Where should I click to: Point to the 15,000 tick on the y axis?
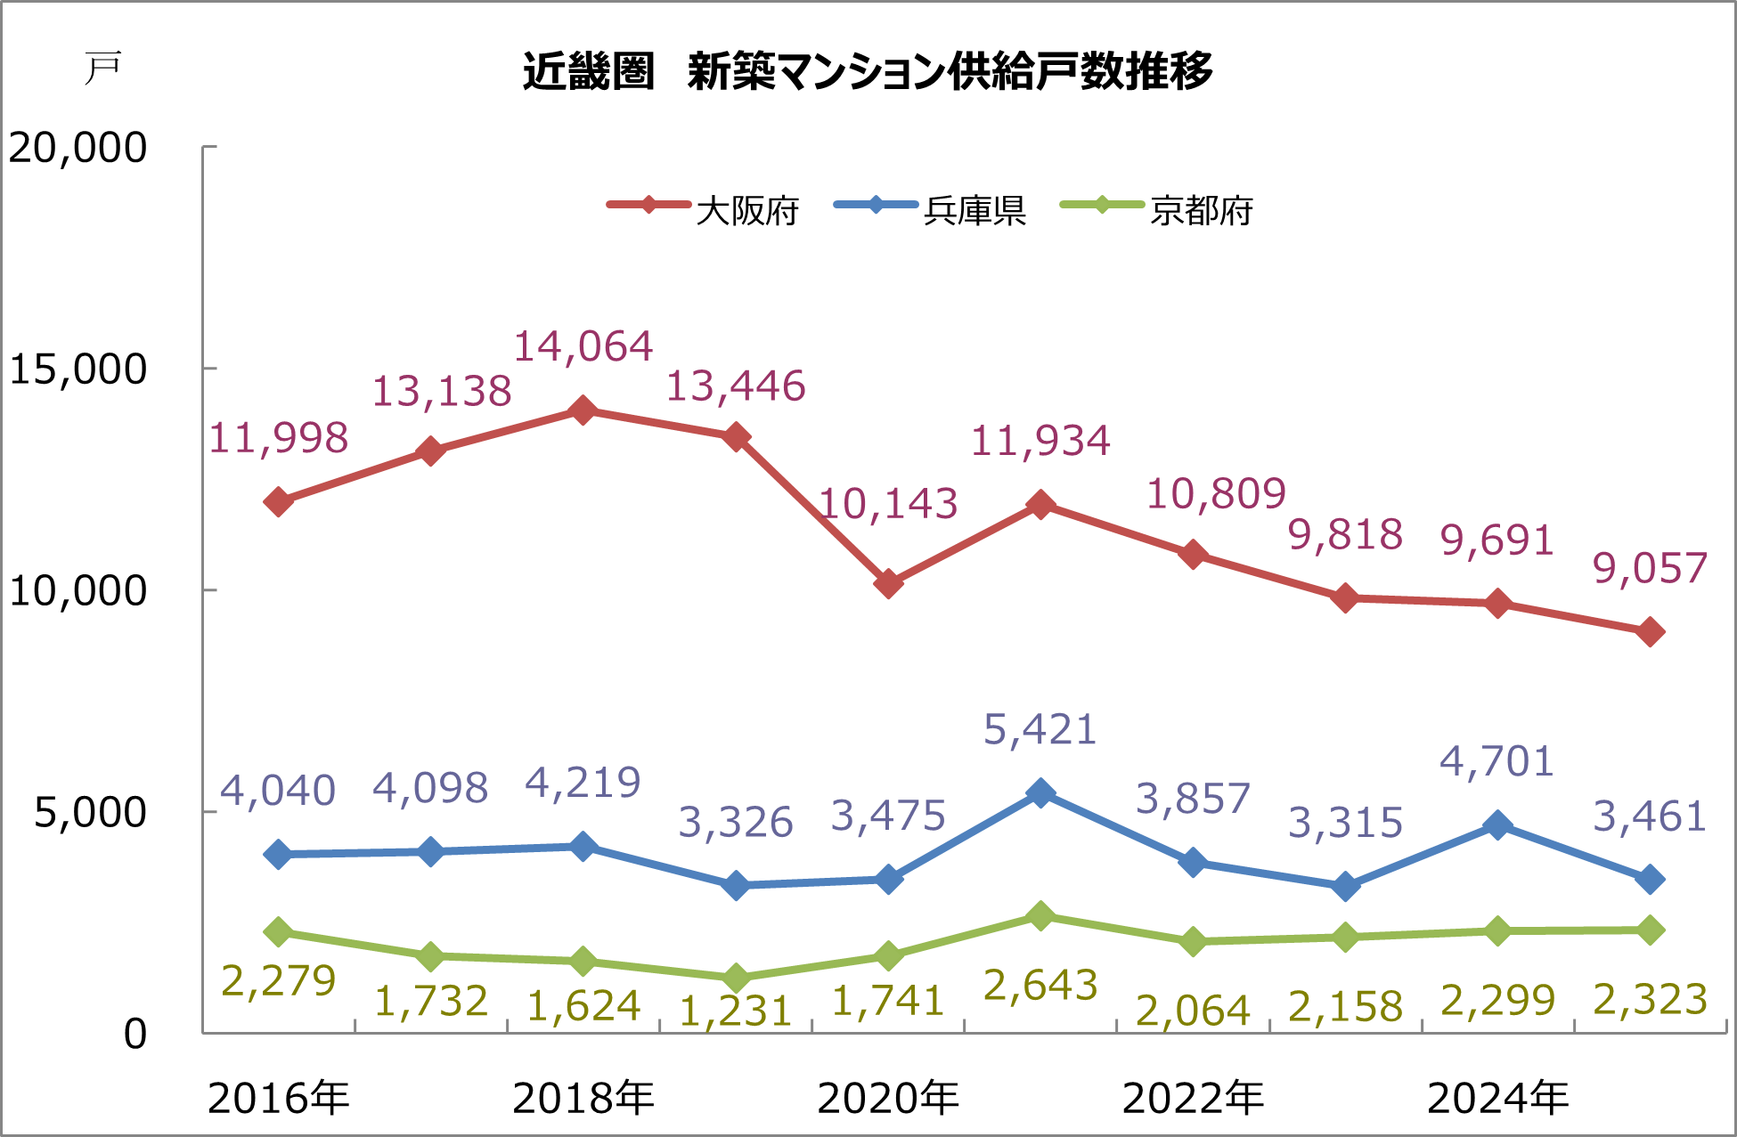pos(77,369)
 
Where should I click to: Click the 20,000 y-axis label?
pos(77,147)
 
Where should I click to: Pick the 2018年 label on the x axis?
pos(583,1098)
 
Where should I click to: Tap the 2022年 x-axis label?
pos(1193,1098)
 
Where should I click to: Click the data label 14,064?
pos(583,346)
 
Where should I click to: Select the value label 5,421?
pos(1040,730)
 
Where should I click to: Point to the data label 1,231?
pos(735,1011)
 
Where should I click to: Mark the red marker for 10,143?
pos(888,584)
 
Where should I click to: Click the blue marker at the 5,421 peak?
pos(1040,792)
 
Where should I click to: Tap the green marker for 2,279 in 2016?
pos(279,932)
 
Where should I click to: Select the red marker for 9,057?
pos(1650,632)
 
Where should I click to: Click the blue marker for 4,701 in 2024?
pos(1497,824)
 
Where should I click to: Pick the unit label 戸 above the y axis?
pos(102,69)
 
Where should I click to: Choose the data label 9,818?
pos(1345,535)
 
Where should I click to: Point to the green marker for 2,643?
pos(1040,915)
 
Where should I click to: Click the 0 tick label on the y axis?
pos(135,1034)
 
